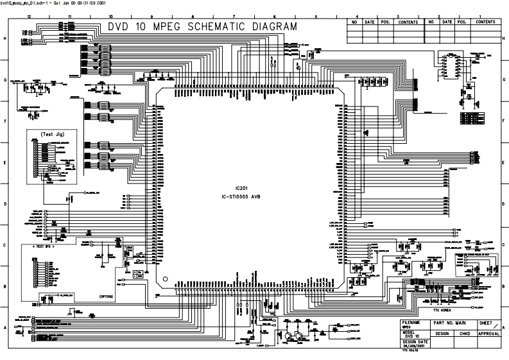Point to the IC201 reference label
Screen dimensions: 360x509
point(241,188)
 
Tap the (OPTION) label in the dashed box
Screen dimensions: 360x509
point(107,296)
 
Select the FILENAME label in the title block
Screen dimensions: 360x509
point(411,321)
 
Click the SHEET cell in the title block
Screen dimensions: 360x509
point(487,322)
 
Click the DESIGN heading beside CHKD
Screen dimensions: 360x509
point(442,334)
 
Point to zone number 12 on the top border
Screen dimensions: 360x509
point(29,15)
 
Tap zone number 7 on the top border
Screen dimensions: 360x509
point(233,15)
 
